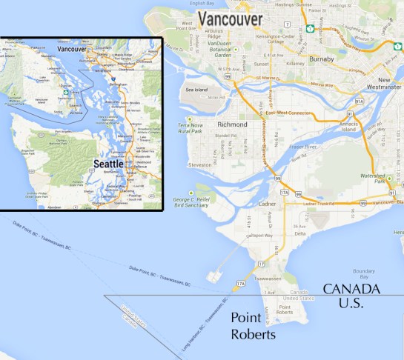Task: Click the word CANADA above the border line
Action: pos(351,289)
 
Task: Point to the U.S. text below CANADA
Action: pos(351,303)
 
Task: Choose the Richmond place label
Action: pos(233,125)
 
